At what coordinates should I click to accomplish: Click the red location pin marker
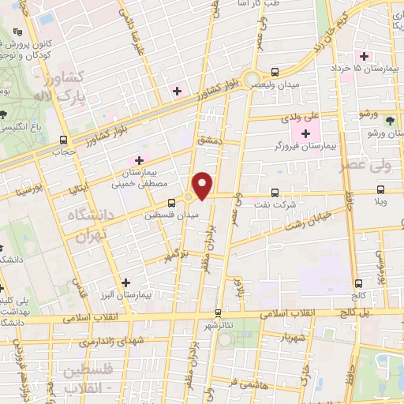[x=203, y=185]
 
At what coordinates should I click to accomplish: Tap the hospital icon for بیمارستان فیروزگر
[x=306, y=133]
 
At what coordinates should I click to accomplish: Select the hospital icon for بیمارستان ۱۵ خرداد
[x=364, y=55]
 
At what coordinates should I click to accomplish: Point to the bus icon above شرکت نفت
[x=275, y=192]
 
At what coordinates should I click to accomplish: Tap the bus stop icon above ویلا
[x=381, y=190]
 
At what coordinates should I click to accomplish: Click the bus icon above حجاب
[x=63, y=140]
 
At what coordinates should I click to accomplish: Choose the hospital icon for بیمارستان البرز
[x=125, y=282]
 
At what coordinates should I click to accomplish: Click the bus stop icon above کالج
[x=359, y=282]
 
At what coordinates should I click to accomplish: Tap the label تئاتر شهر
[x=222, y=325]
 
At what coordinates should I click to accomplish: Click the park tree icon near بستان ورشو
[x=390, y=119]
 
